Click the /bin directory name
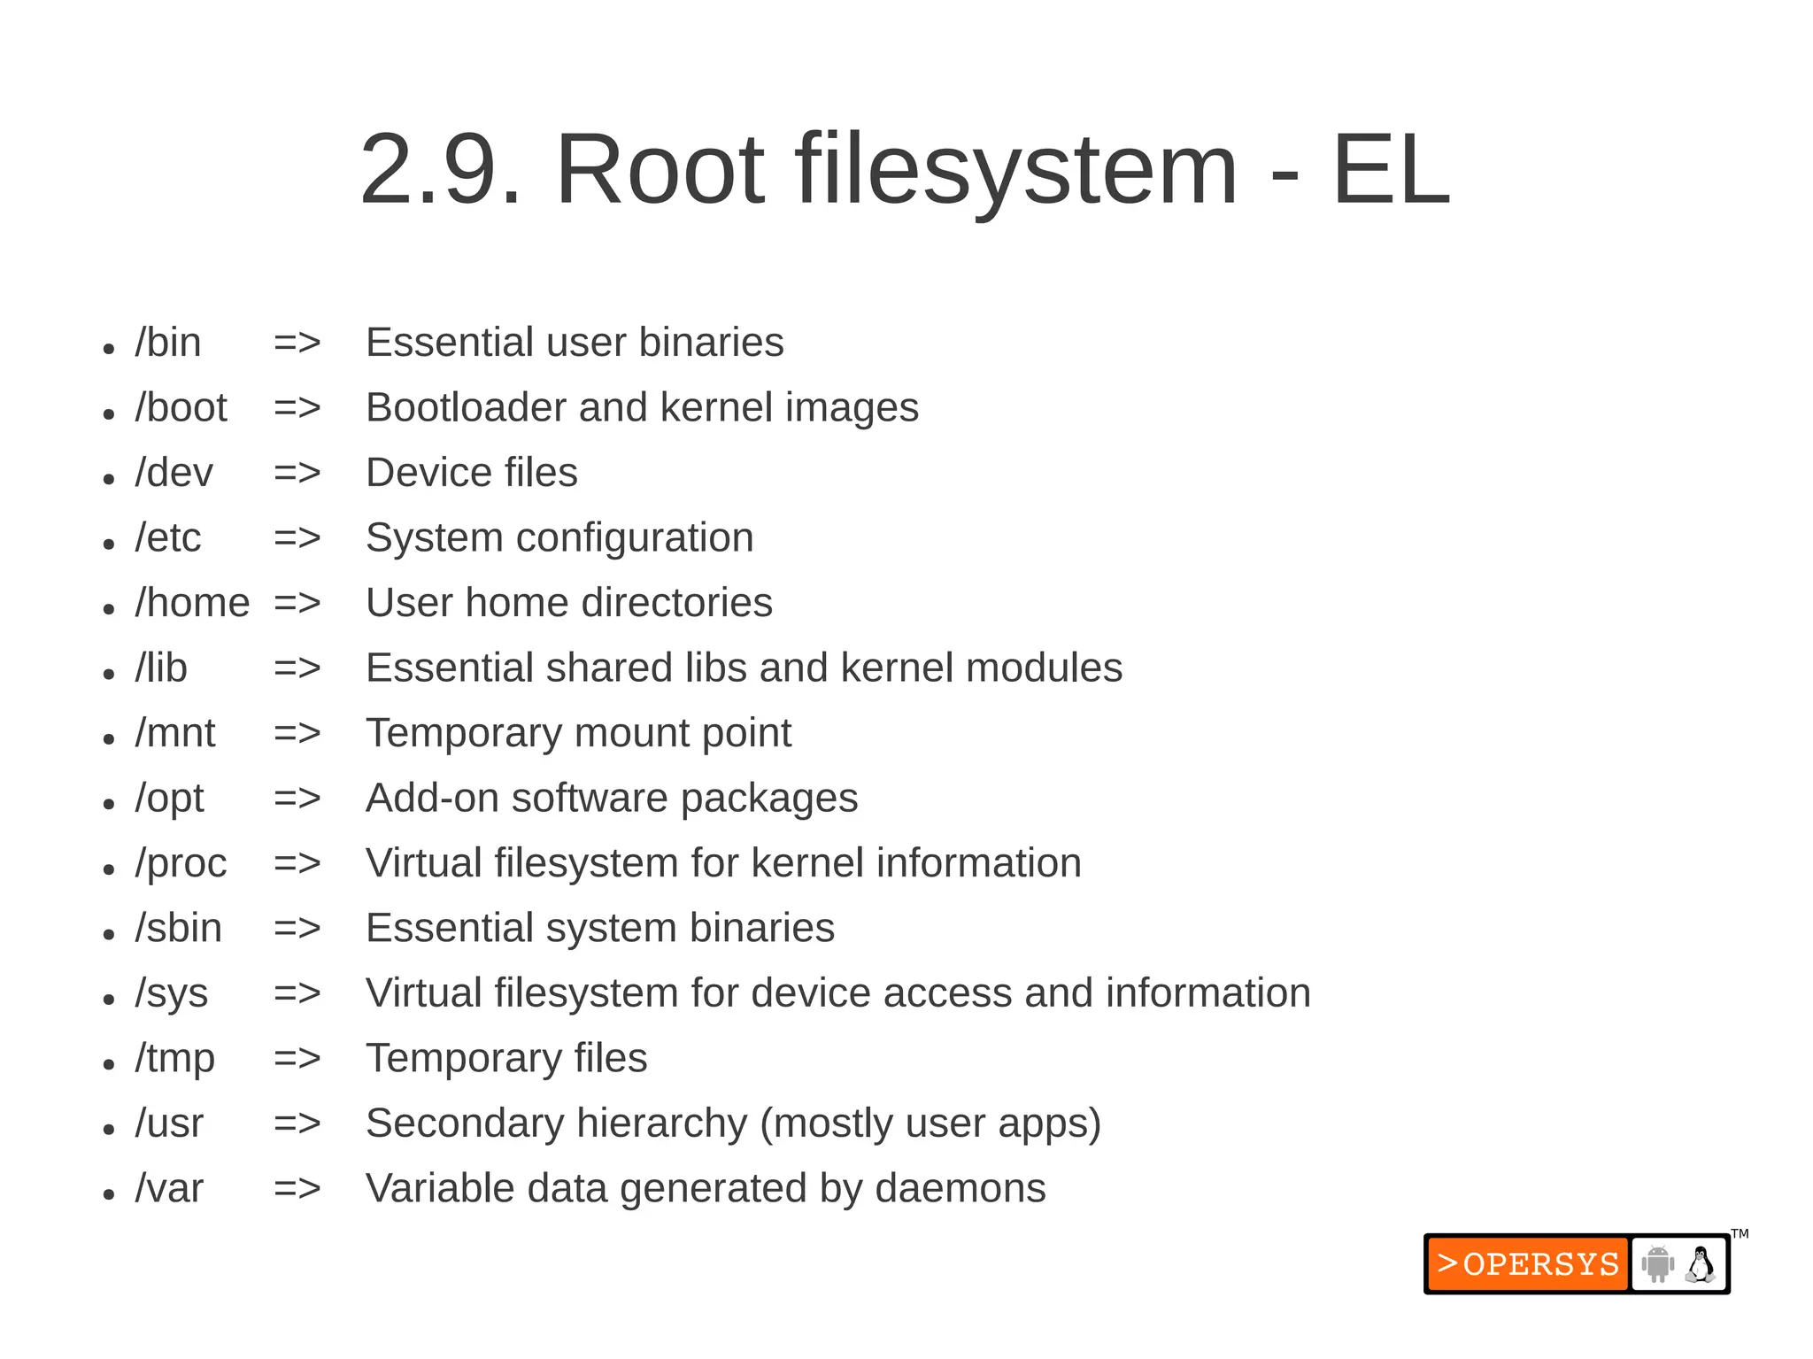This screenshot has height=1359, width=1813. [x=168, y=343]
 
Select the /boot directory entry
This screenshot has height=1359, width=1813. [x=181, y=408]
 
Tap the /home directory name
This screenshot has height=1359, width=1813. [x=192, y=603]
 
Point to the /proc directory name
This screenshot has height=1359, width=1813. [x=181, y=863]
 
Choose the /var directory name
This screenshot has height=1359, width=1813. [x=168, y=1188]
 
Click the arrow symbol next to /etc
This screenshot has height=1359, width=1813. [x=297, y=538]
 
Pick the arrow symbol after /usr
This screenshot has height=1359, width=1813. [x=297, y=1123]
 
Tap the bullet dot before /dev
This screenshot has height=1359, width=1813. [x=109, y=479]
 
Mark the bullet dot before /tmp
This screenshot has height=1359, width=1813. [x=109, y=1064]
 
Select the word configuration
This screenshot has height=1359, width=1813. [x=635, y=538]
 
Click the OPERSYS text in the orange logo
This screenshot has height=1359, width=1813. [x=1540, y=1264]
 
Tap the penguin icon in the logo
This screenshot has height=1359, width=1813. [x=1700, y=1264]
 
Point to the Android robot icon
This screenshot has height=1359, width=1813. [x=1657, y=1264]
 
